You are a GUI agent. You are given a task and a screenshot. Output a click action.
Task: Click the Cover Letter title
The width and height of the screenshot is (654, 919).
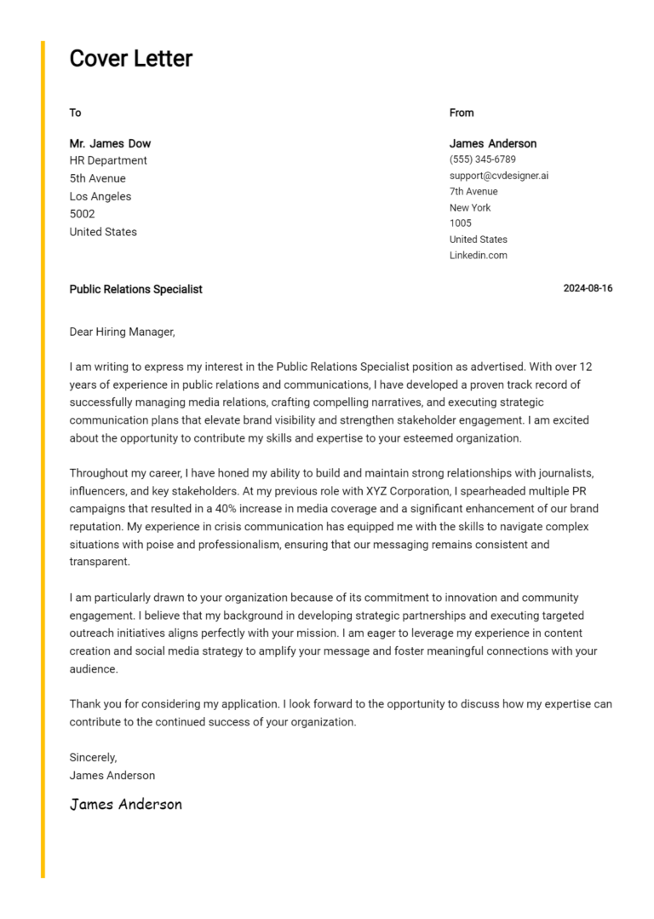pos(130,59)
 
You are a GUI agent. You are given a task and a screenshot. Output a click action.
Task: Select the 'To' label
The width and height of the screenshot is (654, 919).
pos(75,113)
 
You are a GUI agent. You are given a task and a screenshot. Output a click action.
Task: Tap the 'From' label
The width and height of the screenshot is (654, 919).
pos(462,113)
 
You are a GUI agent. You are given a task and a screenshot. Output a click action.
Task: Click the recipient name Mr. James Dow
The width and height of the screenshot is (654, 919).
pos(110,143)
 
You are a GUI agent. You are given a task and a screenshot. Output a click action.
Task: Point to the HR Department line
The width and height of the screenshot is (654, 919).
pos(108,160)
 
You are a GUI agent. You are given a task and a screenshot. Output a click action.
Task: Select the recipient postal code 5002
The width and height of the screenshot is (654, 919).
pos(82,214)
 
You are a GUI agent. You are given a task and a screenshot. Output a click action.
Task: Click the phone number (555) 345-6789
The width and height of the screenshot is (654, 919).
pos(482,159)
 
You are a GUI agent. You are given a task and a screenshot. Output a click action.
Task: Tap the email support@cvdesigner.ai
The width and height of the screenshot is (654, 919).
pos(499,176)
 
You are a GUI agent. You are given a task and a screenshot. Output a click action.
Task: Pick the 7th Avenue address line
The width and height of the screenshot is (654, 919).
pos(473,192)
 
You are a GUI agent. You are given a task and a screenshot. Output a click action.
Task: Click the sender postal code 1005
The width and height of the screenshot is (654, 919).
pos(460,223)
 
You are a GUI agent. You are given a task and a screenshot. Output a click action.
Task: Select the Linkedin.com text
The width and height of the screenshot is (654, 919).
pos(478,256)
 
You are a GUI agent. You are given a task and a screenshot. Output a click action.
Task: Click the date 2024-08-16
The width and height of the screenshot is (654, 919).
pos(588,289)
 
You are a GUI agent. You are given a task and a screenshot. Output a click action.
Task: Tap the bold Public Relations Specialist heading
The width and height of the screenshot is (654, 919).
pos(135,289)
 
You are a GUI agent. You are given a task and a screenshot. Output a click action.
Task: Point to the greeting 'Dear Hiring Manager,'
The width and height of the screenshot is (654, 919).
pos(122,332)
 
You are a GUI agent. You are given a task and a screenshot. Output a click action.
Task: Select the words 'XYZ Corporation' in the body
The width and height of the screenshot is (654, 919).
pos(406,491)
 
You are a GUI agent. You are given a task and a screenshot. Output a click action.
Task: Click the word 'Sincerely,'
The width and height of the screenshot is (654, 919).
pos(93,757)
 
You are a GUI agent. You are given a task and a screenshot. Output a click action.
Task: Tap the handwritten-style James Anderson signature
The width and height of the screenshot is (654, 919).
pos(125,804)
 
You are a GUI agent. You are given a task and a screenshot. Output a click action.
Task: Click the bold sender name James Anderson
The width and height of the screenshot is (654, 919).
pos(492,143)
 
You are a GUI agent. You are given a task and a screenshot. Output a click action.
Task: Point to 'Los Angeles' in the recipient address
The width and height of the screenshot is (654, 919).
pos(100,196)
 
